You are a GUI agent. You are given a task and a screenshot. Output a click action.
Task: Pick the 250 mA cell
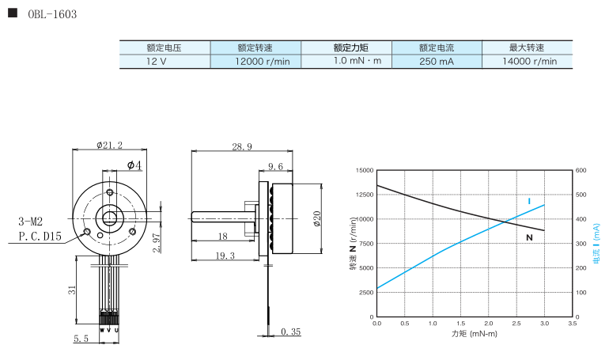(x=437, y=61)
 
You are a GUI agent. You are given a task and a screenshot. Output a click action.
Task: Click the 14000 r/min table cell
(x=529, y=61)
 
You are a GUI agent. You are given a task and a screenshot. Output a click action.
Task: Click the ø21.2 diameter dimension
(x=109, y=145)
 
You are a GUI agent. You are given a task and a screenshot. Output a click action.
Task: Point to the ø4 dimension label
(x=134, y=165)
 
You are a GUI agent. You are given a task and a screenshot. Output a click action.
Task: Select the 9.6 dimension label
(x=276, y=166)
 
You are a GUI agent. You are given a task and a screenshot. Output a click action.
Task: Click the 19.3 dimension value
(x=225, y=256)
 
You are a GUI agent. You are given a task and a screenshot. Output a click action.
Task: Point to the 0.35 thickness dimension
(x=291, y=333)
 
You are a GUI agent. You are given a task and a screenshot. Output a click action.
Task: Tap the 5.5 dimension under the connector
(x=81, y=339)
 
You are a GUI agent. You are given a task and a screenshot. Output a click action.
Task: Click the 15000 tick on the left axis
(x=364, y=170)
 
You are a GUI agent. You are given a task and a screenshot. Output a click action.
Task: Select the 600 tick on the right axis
(x=581, y=170)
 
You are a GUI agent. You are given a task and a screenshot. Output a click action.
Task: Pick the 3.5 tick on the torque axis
(x=572, y=324)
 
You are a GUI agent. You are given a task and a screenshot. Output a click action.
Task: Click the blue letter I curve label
(x=529, y=201)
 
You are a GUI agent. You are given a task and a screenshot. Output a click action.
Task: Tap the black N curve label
(x=529, y=237)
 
